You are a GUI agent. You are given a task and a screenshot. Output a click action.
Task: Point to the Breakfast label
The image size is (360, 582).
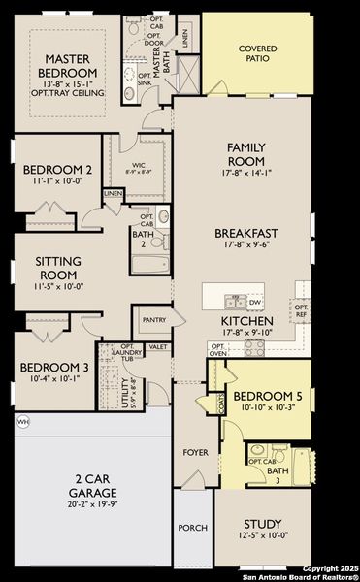(246, 233)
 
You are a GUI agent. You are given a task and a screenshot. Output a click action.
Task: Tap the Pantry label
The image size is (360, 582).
(153, 319)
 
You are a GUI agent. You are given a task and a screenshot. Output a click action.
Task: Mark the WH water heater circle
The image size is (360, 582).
(22, 422)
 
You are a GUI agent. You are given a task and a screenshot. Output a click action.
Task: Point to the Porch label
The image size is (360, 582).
(191, 529)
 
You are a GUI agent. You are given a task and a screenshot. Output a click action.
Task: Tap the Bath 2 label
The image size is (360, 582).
(141, 239)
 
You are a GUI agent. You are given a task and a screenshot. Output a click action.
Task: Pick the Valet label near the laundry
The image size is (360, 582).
(158, 346)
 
